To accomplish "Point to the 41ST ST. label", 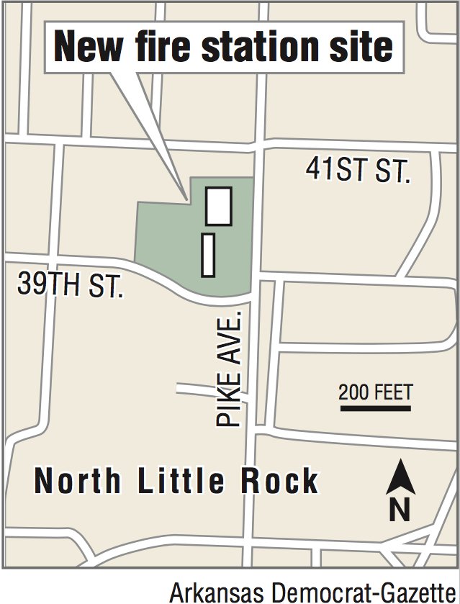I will click(358, 171).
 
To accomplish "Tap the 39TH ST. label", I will click(71, 286).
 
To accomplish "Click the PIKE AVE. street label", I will click(230, 369).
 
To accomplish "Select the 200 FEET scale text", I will click(376, 392).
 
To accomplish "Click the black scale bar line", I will click(375, 409).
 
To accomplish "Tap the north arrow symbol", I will click(400, 477).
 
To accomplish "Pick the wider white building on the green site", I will click(219, 206).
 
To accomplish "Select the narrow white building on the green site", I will click(208, 254).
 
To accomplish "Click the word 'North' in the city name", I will click(78, 481).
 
